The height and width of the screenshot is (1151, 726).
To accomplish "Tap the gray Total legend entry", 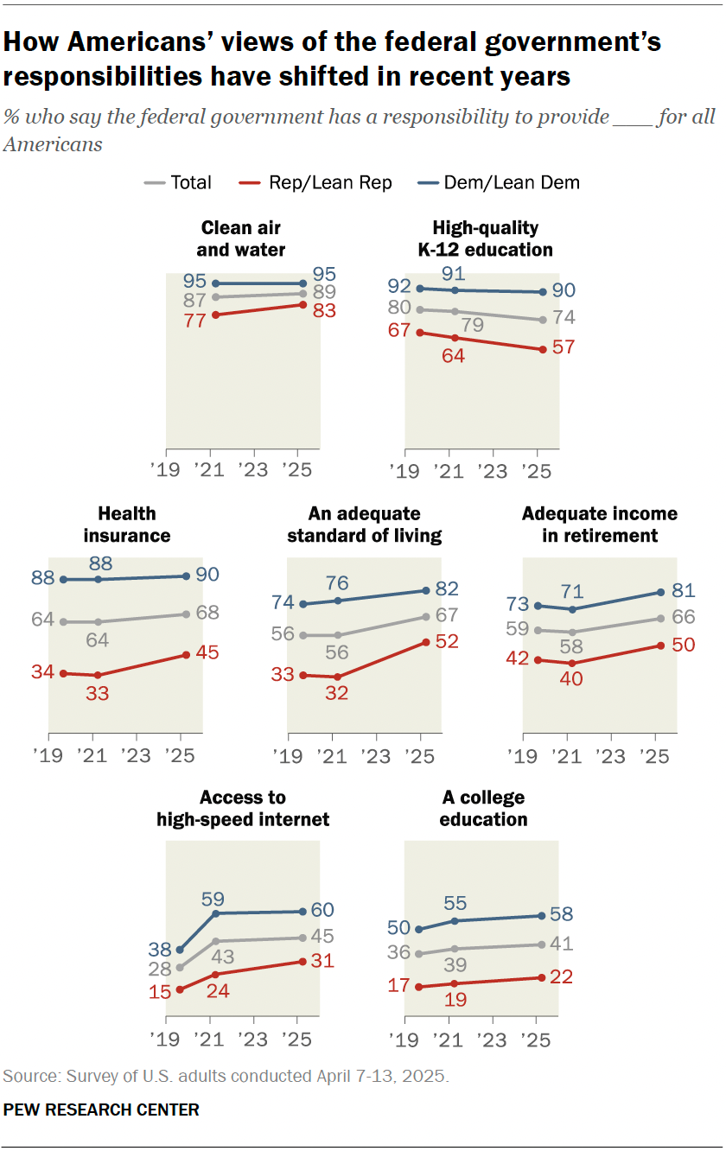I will [x=179, y=182].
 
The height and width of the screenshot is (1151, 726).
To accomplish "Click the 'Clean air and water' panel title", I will [x=241, y=238].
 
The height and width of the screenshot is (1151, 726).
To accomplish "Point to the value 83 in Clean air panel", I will [x=324, y=310].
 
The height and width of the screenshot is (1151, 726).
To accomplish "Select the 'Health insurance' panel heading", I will [x=127, y=525].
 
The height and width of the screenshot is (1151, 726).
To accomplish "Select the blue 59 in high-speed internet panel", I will [x=213, y=897].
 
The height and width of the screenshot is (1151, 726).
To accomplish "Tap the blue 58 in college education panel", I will [x=564, y=914].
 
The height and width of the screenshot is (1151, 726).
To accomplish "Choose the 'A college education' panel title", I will [x=483, y=808].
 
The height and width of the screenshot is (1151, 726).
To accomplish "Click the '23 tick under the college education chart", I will [x=492, y=1038].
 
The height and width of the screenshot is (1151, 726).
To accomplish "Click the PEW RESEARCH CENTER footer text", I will [x=101, y=1110].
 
